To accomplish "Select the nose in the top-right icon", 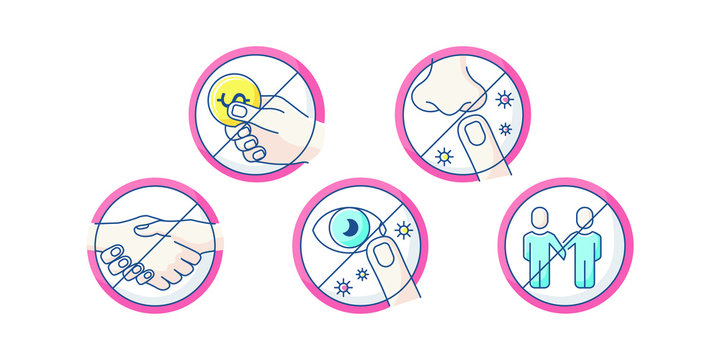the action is click(446, 86).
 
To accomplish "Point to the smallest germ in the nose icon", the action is click(504, 129).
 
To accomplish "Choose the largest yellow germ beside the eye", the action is click(403, 231).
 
